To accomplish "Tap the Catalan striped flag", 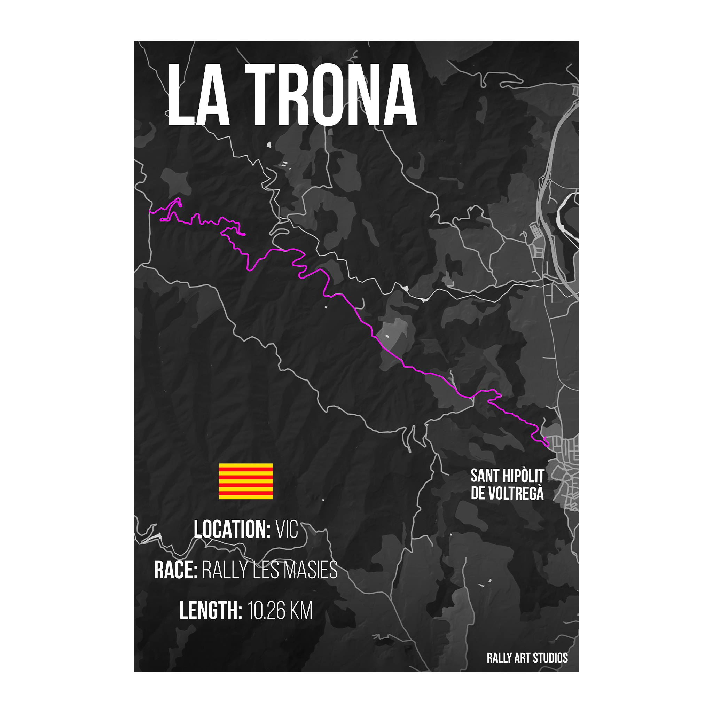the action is (246, 481).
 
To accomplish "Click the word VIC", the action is (287, 530).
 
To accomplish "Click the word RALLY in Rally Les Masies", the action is (225, 570).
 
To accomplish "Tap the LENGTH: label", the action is (211, 610).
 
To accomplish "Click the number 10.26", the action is (266, 611).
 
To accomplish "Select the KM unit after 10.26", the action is (301, 611).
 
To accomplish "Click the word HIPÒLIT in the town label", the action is (524, 476).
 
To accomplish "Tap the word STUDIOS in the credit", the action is (550, 658).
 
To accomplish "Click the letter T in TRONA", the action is (260, 95).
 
